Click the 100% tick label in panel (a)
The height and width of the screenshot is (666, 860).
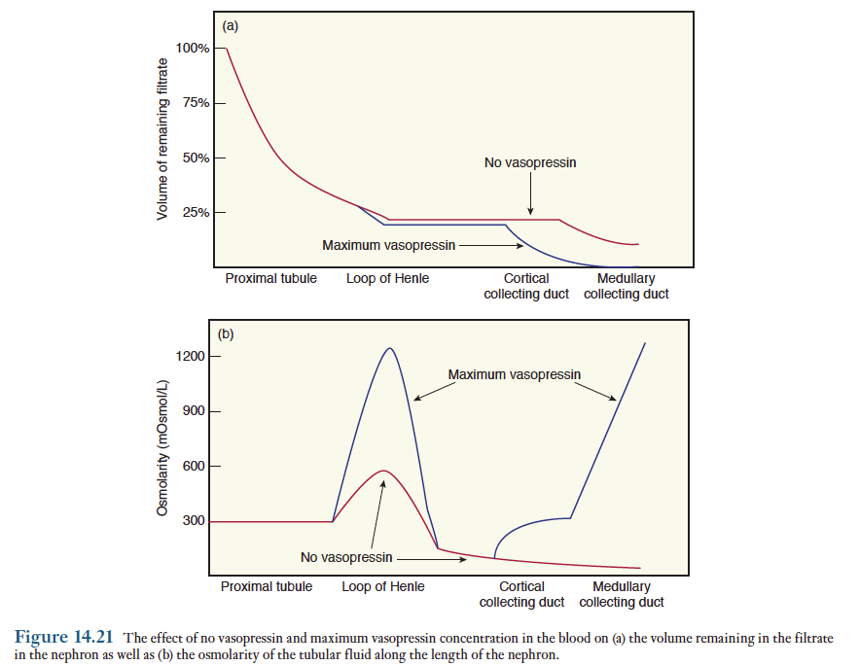tap(193, 48)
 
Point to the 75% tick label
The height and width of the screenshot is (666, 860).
tap(197, 102)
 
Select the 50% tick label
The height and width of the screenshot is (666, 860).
tap(197, 158)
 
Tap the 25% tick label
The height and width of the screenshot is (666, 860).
tap(197, 212)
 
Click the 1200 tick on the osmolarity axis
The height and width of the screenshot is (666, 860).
tap(192, 356)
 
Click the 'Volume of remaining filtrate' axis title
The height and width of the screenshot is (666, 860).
tap(162, 139)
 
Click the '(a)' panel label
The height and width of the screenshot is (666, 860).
tap(230, 26)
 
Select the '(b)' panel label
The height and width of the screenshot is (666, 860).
tap(226, 334)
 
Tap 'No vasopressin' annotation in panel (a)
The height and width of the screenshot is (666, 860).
tap(529, 162)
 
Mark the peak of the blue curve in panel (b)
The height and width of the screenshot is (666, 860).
tap(389, 348)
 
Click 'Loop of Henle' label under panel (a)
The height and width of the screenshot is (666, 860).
tap(387, 279)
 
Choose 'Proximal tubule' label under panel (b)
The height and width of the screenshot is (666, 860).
tap(267, 586)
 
